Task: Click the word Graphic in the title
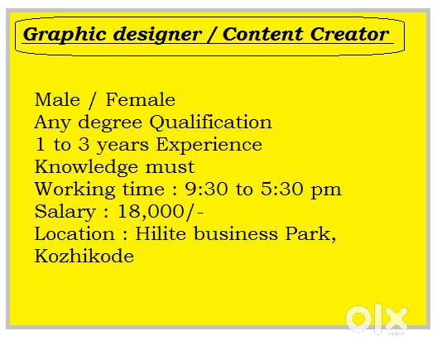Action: coord(65,35)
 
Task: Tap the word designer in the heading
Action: coord(157,35)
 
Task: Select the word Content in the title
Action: coord(262,34)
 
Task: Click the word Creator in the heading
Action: coord(349,34)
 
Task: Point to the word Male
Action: coord(57,100)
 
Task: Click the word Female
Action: coord(141,100)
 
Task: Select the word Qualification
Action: coord(211,122)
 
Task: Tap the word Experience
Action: coord(209,145)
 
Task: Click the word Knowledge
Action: coord(86,167)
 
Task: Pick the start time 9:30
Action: coord(206,189)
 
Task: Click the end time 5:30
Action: coord(281,189)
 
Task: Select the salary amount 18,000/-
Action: coord(161,212)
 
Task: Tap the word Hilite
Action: coord(161,233)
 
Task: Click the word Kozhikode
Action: coord(84,256)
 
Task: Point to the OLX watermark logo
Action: coord(377,319)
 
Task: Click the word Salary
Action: coord(65,213)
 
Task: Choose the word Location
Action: coord(74,233)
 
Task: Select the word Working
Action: coord(74,190)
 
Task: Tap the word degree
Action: coord(110,123)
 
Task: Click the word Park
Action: coord(310,234)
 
